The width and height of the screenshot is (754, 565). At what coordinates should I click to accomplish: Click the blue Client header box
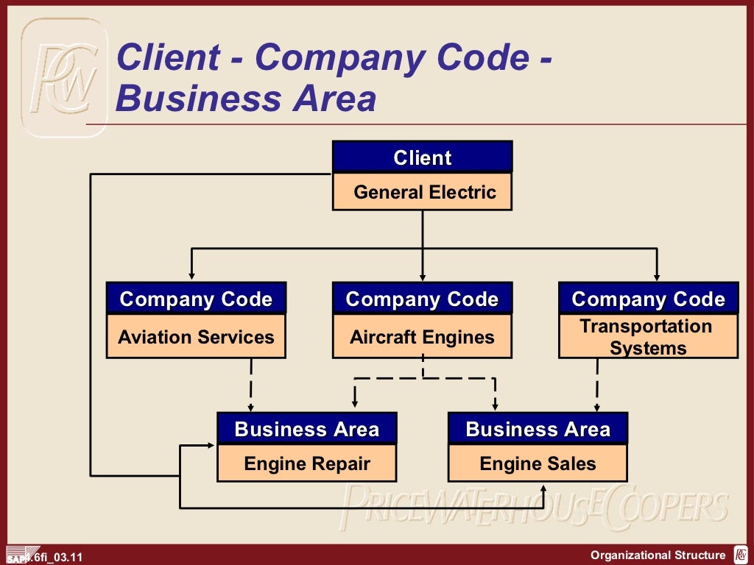tap(422, 157)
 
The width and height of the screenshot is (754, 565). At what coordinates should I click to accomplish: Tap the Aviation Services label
tap(196, 338)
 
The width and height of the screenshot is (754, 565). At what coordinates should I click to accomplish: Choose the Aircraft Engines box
tap(422, 338)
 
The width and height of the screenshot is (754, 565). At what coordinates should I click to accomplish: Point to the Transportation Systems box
tap(648, 337)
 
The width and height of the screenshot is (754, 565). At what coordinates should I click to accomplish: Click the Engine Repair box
tap(307, 464)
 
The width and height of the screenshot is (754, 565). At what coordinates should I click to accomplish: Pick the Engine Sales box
tap(538, 464)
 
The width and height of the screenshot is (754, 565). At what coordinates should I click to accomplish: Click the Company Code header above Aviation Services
tap(196, 299)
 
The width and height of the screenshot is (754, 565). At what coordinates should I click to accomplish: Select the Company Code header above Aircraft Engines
tap(422, 299)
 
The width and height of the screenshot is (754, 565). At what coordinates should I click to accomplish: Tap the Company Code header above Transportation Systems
tap(648, 299)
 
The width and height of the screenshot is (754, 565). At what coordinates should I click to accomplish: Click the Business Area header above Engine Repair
tap(307, 429)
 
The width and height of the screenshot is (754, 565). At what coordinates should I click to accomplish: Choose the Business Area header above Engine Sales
tap(538, 429)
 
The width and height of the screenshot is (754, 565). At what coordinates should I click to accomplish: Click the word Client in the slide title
tap(168, 57)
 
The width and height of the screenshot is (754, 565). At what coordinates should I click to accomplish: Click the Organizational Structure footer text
tap(658, 555)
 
